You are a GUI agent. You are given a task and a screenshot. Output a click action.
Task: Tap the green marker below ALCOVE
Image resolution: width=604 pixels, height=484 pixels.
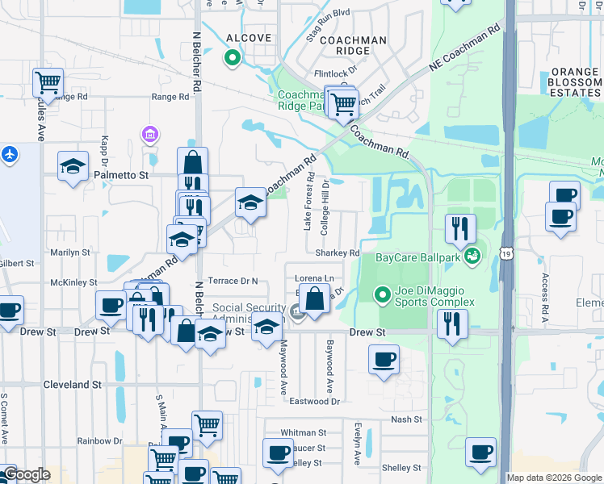pyautogui.click(x=233, y=57)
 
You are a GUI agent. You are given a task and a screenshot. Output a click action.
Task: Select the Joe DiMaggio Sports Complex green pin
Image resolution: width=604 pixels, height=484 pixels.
pyautogui.click(x=384, y=295)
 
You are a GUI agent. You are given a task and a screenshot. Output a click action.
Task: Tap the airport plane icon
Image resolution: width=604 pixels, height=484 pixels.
pyautogui.click(x=9, y=154)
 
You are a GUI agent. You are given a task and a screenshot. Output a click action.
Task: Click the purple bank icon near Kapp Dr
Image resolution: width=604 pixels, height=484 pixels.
pyautogui.click(x=149, y=133)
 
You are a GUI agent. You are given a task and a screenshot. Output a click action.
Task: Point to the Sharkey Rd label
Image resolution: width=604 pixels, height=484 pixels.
pyautogui.click(x=337, y=252)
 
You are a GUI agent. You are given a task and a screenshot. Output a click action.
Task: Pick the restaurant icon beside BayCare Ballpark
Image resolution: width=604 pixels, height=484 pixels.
pyautogui.click(x=459, y=228)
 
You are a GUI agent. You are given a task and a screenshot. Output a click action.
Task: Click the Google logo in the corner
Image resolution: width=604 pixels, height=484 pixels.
pyautogui.click(x=27, y=474)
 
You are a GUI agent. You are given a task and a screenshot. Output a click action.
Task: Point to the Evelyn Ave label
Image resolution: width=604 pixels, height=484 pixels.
pyautogui.click(x=357, y=444)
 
